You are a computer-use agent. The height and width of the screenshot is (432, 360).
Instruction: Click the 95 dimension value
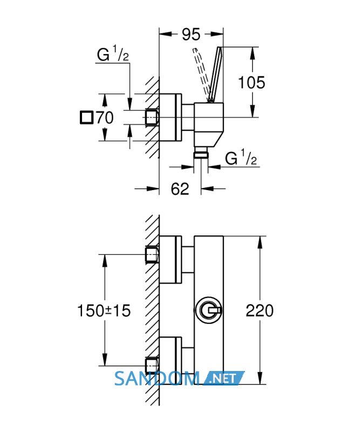point(191,35)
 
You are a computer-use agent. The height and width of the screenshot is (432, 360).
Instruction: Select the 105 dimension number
point(252,83)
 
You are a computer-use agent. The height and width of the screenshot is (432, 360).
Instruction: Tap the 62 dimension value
point(180,188)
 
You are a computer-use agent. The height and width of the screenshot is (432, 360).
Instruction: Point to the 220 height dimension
point(260,310)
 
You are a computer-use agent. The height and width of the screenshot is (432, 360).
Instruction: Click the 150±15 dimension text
point(104,311)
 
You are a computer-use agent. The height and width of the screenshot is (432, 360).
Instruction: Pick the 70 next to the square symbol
point(105,117)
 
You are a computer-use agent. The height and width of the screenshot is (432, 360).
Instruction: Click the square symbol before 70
point(87,117)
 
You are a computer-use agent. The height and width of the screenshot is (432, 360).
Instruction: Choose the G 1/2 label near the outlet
point(241,157)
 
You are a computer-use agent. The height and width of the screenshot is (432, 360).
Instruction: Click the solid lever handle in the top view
point(215,75)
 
